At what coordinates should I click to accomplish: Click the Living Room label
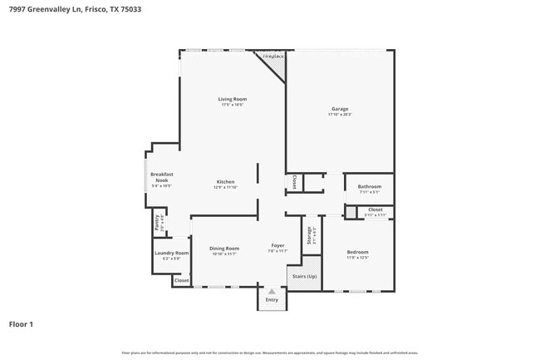coord(233,99)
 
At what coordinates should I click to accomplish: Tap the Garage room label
coord(340,109)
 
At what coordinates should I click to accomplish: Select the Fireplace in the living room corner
coord(273,57)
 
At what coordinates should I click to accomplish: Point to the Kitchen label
coord(225,181)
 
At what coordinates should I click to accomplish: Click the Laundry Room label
coord(172,253)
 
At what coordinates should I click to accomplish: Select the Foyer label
coord(277,246)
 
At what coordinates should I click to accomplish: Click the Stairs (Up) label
coord(303,276)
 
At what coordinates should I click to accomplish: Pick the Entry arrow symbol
coord(271,292)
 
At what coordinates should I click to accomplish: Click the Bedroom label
coord(357,252)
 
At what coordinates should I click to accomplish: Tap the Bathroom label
coord(370,186)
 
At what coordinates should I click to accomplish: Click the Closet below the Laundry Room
coord(181,282)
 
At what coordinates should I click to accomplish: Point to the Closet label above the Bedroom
coord(376,210)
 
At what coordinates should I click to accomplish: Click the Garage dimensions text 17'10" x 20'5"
coord(340,115)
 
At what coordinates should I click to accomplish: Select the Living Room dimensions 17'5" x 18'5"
coord(233,105)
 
